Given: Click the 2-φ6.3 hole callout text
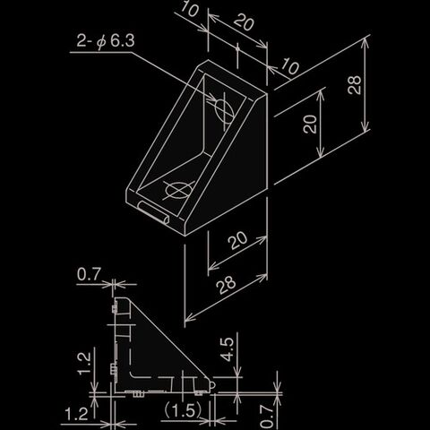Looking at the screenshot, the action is tap(106, 40).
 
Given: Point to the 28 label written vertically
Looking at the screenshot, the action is tap(355, 85).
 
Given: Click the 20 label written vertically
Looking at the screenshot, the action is tap(310, 124).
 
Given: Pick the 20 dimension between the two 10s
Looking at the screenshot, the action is tap(244, 21).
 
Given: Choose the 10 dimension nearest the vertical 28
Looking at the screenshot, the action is tap(289, 66).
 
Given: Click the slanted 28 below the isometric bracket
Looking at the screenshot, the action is tap(226, 285).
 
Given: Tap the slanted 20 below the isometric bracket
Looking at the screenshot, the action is tap(237, 240).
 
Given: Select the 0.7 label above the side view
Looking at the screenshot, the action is tap(89, 274).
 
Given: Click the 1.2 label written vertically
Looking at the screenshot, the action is tap(84, 363).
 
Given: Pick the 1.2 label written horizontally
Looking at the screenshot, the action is tap(76, 414).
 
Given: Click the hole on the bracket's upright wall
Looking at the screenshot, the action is tap(224, 111).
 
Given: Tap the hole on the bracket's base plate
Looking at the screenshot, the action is tap(178, 190).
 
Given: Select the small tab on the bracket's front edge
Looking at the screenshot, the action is tap(153, 212).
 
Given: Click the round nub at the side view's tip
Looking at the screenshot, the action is tap(212, 385).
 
